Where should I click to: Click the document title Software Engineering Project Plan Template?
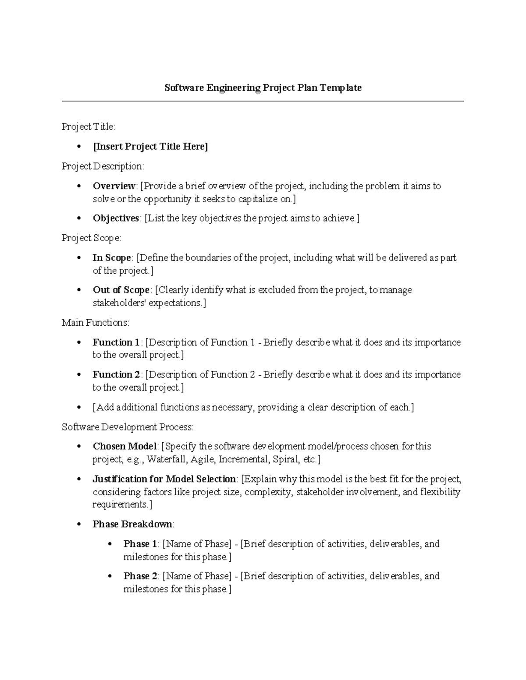[263, 88]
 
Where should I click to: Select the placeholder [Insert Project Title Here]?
[150, 147]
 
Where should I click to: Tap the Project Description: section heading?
[103, 166]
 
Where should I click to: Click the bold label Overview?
[114, 186]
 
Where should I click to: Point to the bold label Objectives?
[116, 218]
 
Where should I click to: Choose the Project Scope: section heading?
[91, 238]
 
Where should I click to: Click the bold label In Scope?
[112, 258]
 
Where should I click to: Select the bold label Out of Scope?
[121, 290]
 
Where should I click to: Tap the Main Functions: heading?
[96, 323]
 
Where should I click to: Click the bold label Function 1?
[116, 342]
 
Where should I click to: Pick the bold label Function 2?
[116, 375]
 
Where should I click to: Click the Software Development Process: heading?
[128, 427]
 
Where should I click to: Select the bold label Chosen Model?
[124, 447]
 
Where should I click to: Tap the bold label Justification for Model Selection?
[164, 479]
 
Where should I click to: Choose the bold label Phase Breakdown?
[133, 524]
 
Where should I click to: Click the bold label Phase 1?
[140, 544]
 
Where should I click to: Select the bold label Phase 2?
[140, 576]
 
